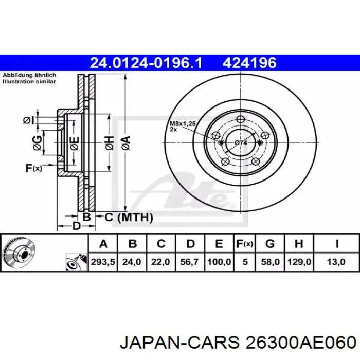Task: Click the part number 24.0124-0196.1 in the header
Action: [x=146, y=63]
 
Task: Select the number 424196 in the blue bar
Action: [x=249, y=63]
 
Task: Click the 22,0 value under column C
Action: [x=160, y=262]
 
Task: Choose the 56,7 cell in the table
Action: [x=190, y=262]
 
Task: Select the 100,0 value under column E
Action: [x=219, y=262]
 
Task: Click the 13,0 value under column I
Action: [x=337, y=262]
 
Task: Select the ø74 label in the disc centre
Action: [x=241, y=142]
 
